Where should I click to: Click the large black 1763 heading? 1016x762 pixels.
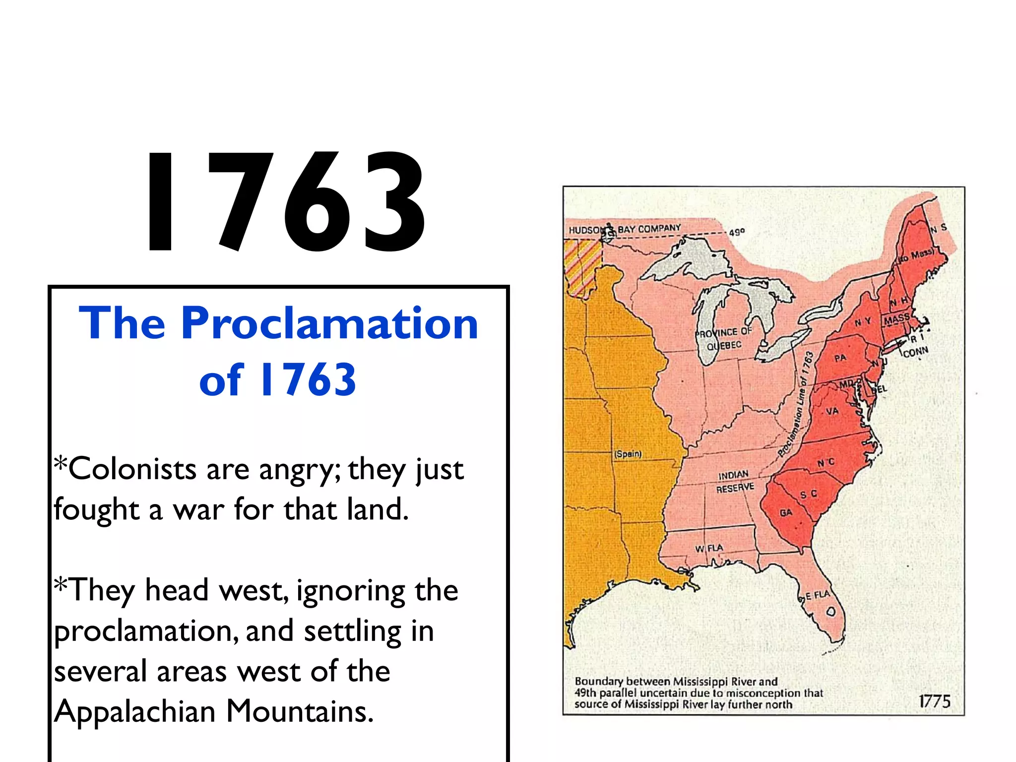pyautogui.click(x=285, y=202)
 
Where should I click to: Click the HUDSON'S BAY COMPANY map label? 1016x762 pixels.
pyautogui.click(x=625, y=229)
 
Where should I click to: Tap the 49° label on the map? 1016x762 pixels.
pyautogui.click(x=737, y=232)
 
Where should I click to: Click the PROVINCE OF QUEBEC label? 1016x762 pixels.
pyautogui.click(x=724, y=338)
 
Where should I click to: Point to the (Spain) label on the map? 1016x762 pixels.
pyautogui.click(x=628, y=454)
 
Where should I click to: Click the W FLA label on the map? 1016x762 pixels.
pyautogui.click(x=709, y=548)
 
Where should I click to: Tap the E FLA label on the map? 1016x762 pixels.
pyautogui.click(x=817, y=595)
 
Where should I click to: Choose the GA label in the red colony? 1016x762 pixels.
pyautogui.click(x=786, y=512)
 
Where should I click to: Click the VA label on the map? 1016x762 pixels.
pyautogui.click(x=832, y=411)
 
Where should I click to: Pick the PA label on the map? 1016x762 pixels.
pyautogui.click(x=840, y=358)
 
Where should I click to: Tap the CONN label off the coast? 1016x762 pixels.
pyautogui.click(x=915, y=352)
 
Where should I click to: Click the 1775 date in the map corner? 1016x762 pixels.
pyautogui.click(x=934, y=701)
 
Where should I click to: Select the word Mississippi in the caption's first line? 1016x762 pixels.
pyautogui.click(x=701, y=682)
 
